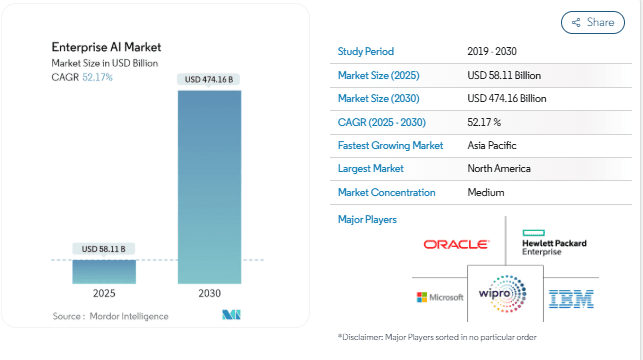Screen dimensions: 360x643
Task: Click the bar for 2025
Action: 103,271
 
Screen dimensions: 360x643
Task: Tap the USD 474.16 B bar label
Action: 209,79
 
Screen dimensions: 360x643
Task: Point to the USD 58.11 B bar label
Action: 103,249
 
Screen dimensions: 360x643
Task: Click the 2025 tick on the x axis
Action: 103,295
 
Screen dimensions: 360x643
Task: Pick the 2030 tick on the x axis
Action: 209,295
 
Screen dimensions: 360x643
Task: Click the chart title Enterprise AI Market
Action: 106,47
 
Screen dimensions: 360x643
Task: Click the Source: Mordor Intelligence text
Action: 110,316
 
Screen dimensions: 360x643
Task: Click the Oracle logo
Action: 456,244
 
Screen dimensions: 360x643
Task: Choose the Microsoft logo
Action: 440,297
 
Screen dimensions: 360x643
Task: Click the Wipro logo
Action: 504,297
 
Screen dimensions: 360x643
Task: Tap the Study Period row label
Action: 366,51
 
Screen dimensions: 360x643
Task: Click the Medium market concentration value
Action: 486,192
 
